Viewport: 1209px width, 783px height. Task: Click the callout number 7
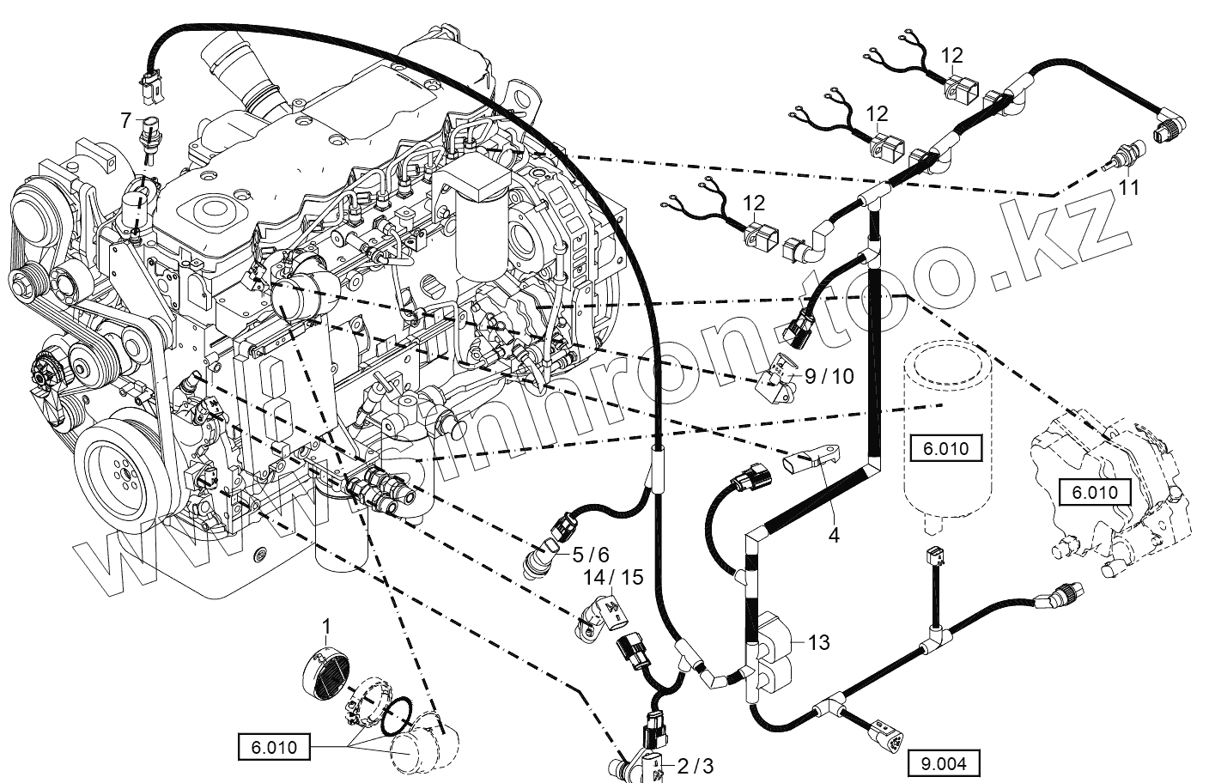point(125,118)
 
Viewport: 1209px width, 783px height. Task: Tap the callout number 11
point(1129,185)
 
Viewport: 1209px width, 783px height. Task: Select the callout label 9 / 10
point(829,376)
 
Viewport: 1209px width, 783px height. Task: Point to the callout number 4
point(833,535)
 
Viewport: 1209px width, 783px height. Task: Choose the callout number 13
point(819,641)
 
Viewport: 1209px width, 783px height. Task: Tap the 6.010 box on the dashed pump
point(1095,492)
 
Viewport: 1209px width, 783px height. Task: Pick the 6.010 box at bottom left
point(275,747)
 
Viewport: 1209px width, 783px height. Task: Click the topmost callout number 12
point(951,56)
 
